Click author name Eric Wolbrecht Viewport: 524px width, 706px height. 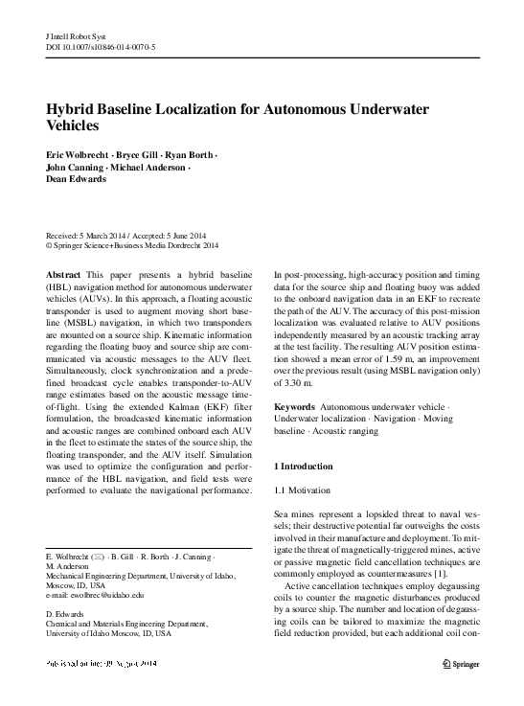click(x=79, y=155)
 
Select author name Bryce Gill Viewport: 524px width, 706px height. click(x=140, y=155)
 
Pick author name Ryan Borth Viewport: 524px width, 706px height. click(x=191, y=155)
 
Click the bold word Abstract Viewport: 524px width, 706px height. click(x=63, y=275)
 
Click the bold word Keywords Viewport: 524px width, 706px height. click(x=295, y=407)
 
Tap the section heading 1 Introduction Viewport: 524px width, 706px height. click(x=304, y=466)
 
